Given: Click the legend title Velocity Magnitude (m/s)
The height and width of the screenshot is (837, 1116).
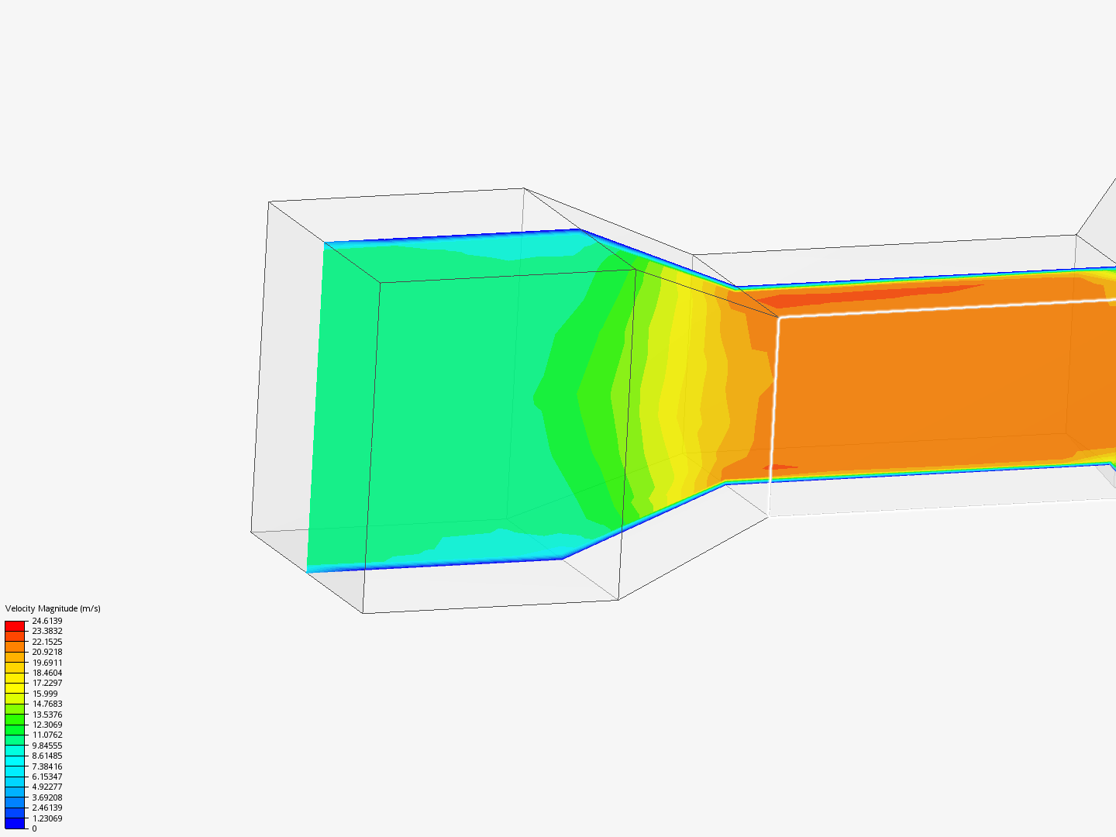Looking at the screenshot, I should [x=53, y=608].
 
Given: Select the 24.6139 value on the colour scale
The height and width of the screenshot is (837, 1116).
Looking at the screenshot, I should [x=46, y=621].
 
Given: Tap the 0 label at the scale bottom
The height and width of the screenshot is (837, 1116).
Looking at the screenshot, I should [x=34, y=828].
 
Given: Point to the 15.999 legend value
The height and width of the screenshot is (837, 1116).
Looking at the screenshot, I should [x=44, y=694].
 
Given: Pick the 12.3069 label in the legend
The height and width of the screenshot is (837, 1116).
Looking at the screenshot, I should [x=46, y=725].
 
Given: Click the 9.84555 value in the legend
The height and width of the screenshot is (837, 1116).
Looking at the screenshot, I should [x=46, y=746].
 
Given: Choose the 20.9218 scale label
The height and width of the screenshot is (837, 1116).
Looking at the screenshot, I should [x=46, y=652].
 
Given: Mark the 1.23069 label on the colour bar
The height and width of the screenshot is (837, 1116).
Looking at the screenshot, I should [x=46, y=818].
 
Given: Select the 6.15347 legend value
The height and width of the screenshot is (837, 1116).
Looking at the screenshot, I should [x=46, y=777].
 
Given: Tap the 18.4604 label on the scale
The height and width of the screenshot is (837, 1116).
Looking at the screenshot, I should [x=46, y=673].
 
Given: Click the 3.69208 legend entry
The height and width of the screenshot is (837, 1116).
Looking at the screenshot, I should [x=46, y=797].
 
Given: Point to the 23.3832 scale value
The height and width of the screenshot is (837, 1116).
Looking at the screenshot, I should [x=46, y=631].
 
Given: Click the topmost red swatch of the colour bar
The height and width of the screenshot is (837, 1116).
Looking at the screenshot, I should [x=15, y=625].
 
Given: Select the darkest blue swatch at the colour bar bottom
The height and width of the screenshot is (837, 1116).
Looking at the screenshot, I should [x=15, y=823].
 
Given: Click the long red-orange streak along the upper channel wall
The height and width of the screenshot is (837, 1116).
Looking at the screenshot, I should [x=852, y=295].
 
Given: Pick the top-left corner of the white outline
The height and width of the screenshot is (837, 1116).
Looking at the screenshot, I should [x=779, y=317].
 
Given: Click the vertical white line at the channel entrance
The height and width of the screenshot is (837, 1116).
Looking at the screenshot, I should [x=773, y=418].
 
